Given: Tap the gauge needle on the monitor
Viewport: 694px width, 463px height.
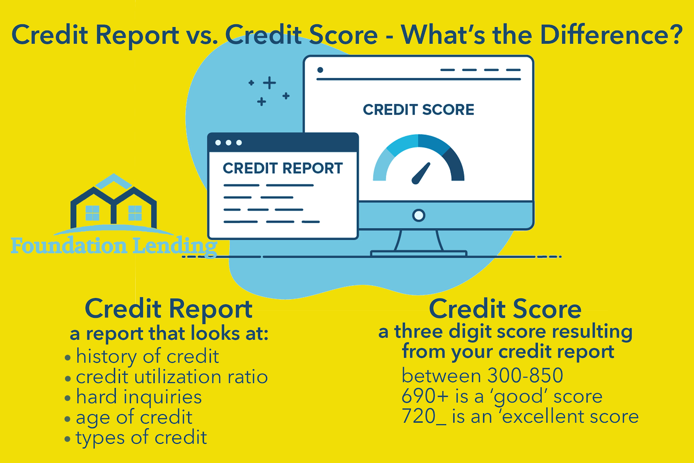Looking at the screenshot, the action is click(x=421, y=173).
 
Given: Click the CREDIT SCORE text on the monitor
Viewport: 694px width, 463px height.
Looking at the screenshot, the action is click(x=418, y=109).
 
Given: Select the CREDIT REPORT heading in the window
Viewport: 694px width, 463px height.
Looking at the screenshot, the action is click(x=282, y=168).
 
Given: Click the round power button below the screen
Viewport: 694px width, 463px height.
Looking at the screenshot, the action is click(x=419, y=215).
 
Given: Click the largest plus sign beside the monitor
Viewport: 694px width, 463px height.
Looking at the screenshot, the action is click(x=269, y=83).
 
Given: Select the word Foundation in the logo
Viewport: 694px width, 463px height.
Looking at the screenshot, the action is click(x=69, y=246).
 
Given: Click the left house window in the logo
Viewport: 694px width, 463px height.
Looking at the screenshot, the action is click(x=92, y=213).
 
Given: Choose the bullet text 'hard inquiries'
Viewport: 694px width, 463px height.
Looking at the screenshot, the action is click(x=139, y=397).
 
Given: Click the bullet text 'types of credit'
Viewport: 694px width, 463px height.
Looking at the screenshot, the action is click(x=142, y=438).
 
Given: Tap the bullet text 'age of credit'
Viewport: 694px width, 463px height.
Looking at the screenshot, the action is click(x=134, y=417).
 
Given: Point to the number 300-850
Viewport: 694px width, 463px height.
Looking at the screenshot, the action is click(x=525, y=375).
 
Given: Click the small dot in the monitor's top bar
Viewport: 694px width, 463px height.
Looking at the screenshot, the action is click(x=320, y=70).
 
